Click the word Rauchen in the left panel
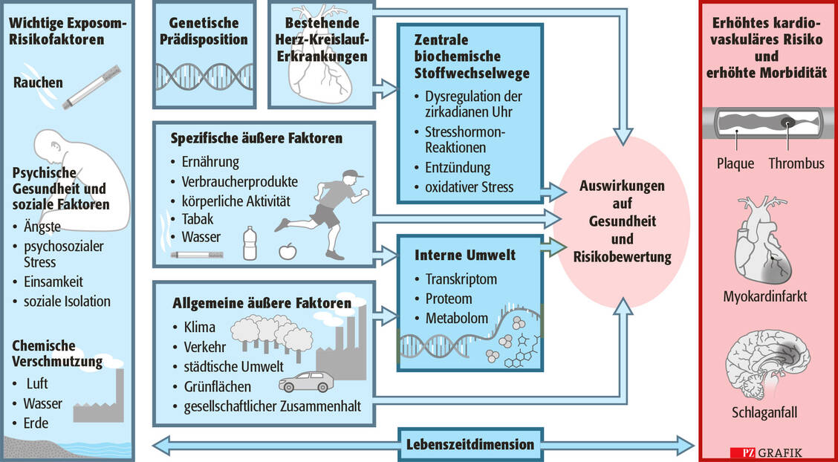coord(38,83)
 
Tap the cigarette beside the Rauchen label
coord(91,85)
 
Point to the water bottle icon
coord(250,243)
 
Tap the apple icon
coord(286,250)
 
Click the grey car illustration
coord(305,382)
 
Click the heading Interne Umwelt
coord(466,256)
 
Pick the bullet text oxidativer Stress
coord(469,186)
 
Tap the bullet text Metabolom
coord(456,318)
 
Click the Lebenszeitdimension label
coord(470,444)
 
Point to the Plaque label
coord(735,163)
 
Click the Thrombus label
coord(796,163)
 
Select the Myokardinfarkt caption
coord(765,297)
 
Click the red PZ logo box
coord(739,452)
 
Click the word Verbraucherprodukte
coord(239,180)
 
